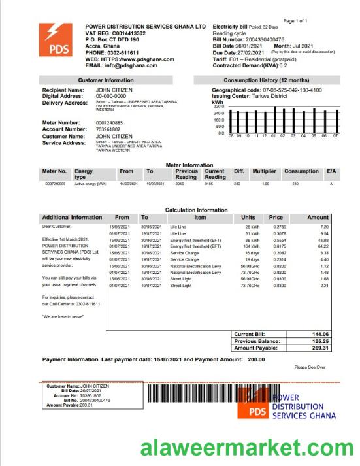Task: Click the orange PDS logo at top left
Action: [x=56, y=39]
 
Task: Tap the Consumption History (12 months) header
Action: [x=266, y=80]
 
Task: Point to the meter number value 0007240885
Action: [x=109, y=123]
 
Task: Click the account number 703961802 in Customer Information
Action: [x=108, y=129]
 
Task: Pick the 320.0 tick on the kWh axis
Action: [x=218, y=107]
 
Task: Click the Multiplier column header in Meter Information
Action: [x=265, y=171]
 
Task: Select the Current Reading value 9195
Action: [x=208, y=184]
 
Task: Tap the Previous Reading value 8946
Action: [x=180, y=184]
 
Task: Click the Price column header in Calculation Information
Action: [x=276, y=217]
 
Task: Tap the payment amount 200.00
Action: [x=256, y=360]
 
